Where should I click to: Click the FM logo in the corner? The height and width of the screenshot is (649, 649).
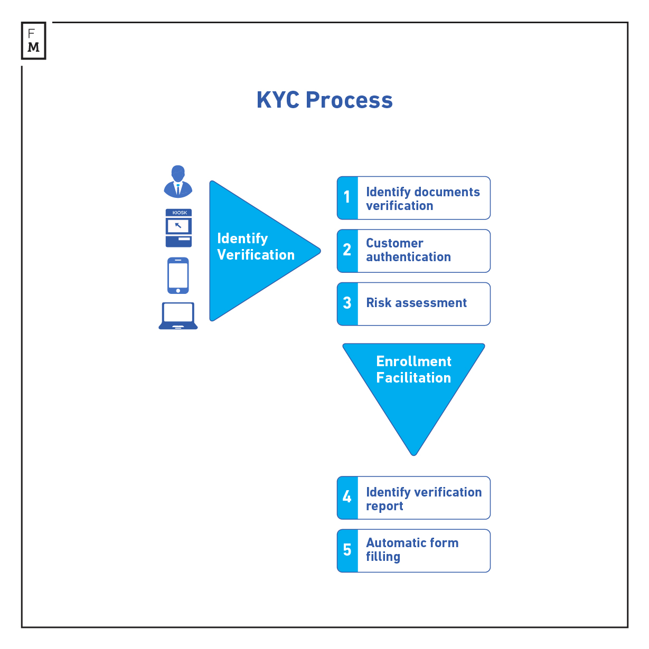click(33, 41)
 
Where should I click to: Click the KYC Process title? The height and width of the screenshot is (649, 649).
click(324, 100)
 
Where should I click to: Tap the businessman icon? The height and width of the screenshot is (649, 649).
click(178, 182)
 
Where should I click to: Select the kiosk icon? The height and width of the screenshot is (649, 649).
click(178, 228)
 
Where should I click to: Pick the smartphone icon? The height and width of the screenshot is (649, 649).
click(178, 275)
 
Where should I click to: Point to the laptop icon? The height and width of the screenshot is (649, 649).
click(178, 316)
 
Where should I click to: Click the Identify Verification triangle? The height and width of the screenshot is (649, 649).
click(253, 251)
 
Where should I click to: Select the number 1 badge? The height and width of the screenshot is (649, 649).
click(347, 198)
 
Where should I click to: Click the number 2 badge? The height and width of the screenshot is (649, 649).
click(347, 251)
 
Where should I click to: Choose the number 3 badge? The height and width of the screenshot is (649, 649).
click(347, 303)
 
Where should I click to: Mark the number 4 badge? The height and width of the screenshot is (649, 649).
click(347, 498)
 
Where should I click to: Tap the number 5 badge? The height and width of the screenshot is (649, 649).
click(347, 550)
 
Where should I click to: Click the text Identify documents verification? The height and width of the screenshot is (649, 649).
click(422, 199)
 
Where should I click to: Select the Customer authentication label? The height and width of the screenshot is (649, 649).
click(408, 250)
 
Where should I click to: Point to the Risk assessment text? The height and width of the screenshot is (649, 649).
click(416, 303)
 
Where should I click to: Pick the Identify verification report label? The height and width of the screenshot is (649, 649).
click(424, 499)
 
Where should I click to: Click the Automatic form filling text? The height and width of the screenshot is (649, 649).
click(412, 550)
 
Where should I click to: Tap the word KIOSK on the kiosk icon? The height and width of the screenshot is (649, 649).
click(180, 213)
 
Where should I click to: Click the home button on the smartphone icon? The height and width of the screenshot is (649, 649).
click(178, 290)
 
